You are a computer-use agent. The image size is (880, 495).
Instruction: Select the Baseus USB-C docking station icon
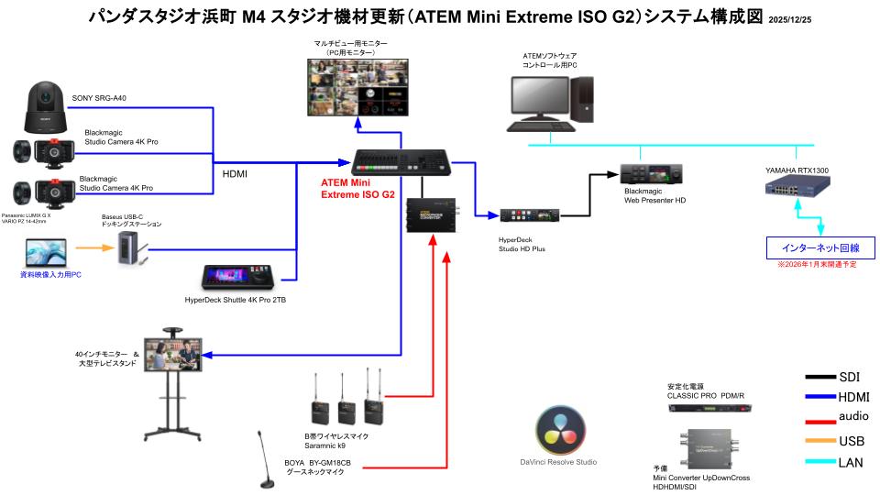(129, 248)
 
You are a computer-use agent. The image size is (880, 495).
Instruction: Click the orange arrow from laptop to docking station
(92, 247)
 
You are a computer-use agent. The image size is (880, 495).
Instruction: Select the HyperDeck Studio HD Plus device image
(529, 216)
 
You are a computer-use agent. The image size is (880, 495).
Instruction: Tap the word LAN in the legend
(850, 462)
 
